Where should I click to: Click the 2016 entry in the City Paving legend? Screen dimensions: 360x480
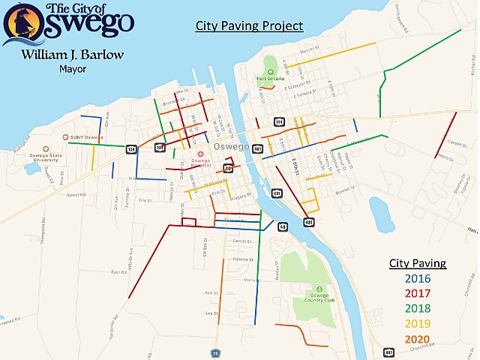pyautogui.click(x=416, y=279)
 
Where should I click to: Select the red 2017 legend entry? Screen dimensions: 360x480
pyautogui.click(x=416, y=294)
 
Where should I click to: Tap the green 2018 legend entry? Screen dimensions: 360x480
pyautogui.click(x=416, y=308)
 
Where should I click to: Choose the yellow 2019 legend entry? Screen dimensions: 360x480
pyautogui.click(x=416, y=323)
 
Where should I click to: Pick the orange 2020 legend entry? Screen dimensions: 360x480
pyautogui.click(x=416, y=338)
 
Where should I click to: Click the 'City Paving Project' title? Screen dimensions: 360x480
pyautogui.click(x=249, y=26)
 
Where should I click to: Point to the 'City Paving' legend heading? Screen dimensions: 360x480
pyautogui.click(x=417, y=263)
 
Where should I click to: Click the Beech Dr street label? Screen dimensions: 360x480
pyautogui.click(x=445, y=158)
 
